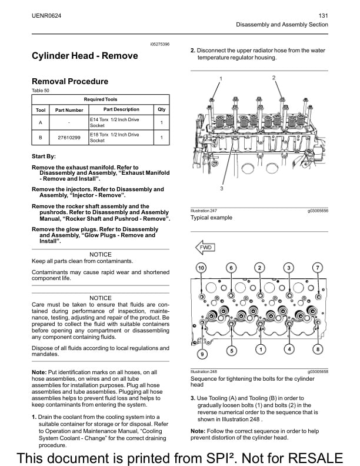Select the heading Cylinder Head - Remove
[x=85, y=56]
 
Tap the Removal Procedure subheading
[x=69, y=81]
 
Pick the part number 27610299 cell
[x=69, y=138]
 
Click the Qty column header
[x=161, y=109]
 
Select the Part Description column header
[x=121, y=109]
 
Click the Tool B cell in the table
[x=41, y=138]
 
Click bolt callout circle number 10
[x=201, y=268]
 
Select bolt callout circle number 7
[x=318, y=268]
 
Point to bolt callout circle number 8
[x=318, y=349]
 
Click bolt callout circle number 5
[x=232, y=350]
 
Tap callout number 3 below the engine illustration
[x=221, y=189]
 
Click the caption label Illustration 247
[x=204, y=211]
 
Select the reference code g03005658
[x=317, y=372]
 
